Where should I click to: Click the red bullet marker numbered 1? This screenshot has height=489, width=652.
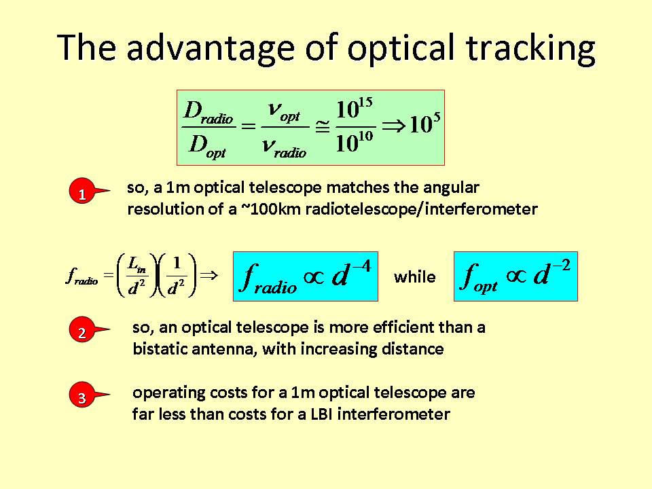[x=82, y=192]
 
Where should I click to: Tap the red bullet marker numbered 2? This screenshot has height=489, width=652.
[x=82, y=330]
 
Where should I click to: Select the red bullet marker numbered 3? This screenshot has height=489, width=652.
[x=82, y=395]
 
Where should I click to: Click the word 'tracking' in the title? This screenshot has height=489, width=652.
[x=530, y=48]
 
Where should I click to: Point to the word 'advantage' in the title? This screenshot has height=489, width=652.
[x=210, y=48]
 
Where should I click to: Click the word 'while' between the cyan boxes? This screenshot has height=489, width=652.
[x=414, y=276]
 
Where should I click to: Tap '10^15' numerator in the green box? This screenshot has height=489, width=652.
[x=355, y=109]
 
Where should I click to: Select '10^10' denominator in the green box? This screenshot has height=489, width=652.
[x=355, y=143]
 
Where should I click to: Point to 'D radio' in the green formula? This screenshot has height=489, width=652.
[x=209, y=111]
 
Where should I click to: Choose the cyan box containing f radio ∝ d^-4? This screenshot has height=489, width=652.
[x=306, y=276]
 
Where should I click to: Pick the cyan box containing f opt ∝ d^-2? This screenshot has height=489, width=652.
[x=515, y=276]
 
